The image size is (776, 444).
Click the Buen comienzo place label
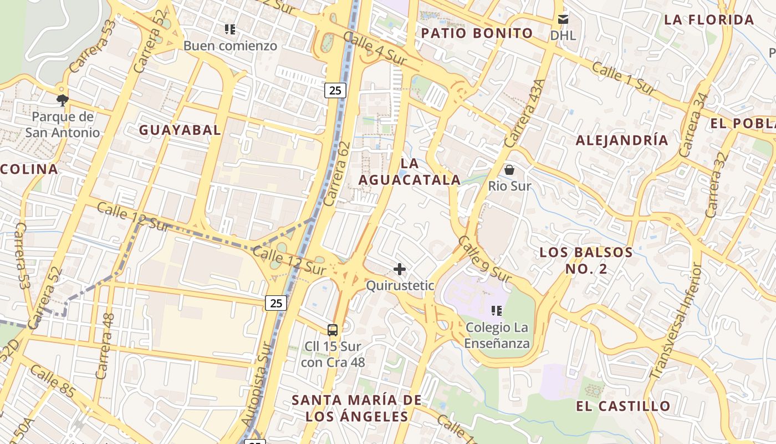230,46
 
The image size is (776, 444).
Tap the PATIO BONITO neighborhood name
477,33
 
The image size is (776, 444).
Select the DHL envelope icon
563,20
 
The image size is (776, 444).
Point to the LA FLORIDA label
709,20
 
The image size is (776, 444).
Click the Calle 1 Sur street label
624,77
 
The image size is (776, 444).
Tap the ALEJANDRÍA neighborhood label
622,140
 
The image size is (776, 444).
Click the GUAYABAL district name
180,130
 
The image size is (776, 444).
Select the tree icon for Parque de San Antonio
63,100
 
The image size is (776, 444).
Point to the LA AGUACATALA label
410,171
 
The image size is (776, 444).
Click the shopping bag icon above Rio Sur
509,170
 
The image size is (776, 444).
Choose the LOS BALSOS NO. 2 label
586,260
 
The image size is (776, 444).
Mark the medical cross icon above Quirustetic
399,270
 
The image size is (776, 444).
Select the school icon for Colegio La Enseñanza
497,311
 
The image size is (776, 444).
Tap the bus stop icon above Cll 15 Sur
333,330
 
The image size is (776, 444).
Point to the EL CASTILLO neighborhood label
623,406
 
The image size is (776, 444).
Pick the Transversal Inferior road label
676,321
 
